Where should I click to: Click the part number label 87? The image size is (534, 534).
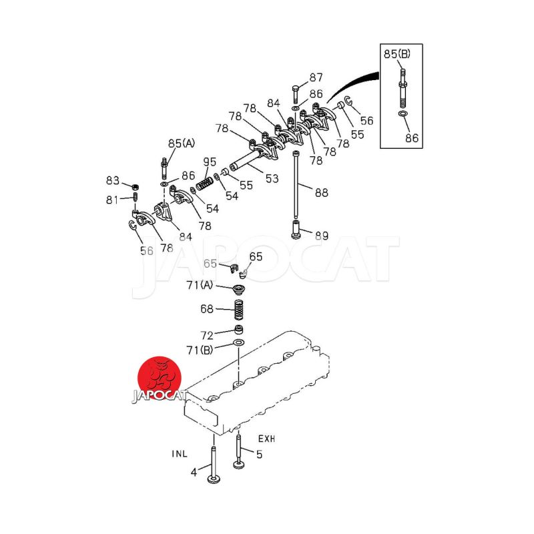pyautogui.click(x=316, y=77)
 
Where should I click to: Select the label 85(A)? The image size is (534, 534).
pyautogui.click(x=182, y=144)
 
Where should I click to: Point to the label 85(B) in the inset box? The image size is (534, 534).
pyautogui.click(x=397, y=54)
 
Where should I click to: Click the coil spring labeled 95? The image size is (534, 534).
pyautogui.click(x=204, y=184)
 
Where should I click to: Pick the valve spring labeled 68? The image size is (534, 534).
pyautogui.click(x=239, y=310)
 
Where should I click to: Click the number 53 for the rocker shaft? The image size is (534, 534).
pyautogui.click(x=272, y=178)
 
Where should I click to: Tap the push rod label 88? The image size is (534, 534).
pyautogui.click(x=321, y=192)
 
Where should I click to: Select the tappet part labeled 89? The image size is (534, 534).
pyautogui.click(x=296, y=229)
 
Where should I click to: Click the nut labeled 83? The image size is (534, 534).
pyautogui.click(x=136, y=187)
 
